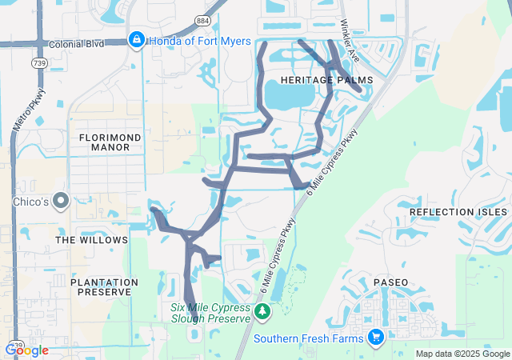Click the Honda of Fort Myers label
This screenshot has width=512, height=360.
[x=201, y=41]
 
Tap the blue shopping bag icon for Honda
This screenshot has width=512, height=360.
[x=136, y=40]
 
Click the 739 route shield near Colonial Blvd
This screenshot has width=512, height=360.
[x=40, y=63]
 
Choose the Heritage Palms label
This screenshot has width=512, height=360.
[x=318, y=81]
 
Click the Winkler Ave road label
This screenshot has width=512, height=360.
[x=352, y=40]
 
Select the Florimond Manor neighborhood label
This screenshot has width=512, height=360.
[x=110, y=142]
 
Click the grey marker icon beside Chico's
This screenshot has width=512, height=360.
[x=61, y=200]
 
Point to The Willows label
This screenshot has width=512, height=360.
[x=91, y=240]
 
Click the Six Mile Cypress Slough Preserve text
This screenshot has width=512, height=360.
[x=210, y=312]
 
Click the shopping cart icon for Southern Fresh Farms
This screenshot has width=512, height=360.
[x=375, y=338]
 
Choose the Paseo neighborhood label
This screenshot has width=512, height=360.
[x=390, y=282]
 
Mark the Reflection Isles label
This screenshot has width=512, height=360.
[x=458, y=212]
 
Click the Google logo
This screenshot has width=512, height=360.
[x=27, y=350]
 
